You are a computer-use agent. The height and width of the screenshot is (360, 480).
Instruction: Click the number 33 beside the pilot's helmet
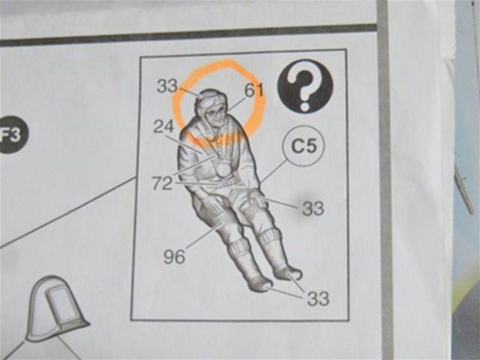point(167,86)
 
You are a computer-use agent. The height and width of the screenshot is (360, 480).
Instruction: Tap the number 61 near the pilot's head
point(254,91)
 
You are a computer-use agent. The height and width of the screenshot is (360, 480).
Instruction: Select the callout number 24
point(163,126)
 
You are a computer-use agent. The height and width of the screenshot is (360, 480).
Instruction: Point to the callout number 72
point(163,184)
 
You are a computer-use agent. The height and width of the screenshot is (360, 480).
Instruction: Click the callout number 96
point(174,257)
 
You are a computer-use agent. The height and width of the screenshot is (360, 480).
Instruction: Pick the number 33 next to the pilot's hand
point(313,209)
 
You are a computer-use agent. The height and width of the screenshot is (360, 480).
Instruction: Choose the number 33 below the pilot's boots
point(319,298)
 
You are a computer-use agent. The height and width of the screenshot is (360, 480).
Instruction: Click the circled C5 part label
point(304,146)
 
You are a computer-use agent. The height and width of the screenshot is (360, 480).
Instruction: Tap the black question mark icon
point(305,86)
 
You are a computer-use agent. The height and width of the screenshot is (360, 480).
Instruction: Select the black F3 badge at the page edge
point(12,134)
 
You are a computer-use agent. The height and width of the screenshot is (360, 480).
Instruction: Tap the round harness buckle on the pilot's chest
point(224,169)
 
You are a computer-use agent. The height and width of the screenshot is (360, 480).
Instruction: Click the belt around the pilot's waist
point(227,184)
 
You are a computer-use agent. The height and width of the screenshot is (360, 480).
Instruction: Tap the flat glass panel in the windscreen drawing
point(62,305)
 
